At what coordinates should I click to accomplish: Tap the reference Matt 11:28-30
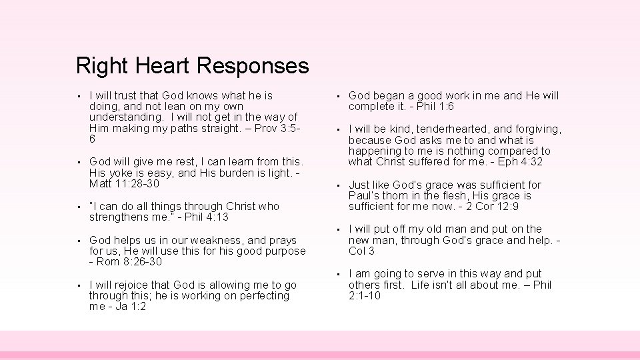coord(124,183)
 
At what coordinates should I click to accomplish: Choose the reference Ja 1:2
coord(129,306)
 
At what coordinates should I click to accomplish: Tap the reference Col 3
coord(361,251)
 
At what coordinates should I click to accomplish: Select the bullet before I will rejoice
coord(79,285)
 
